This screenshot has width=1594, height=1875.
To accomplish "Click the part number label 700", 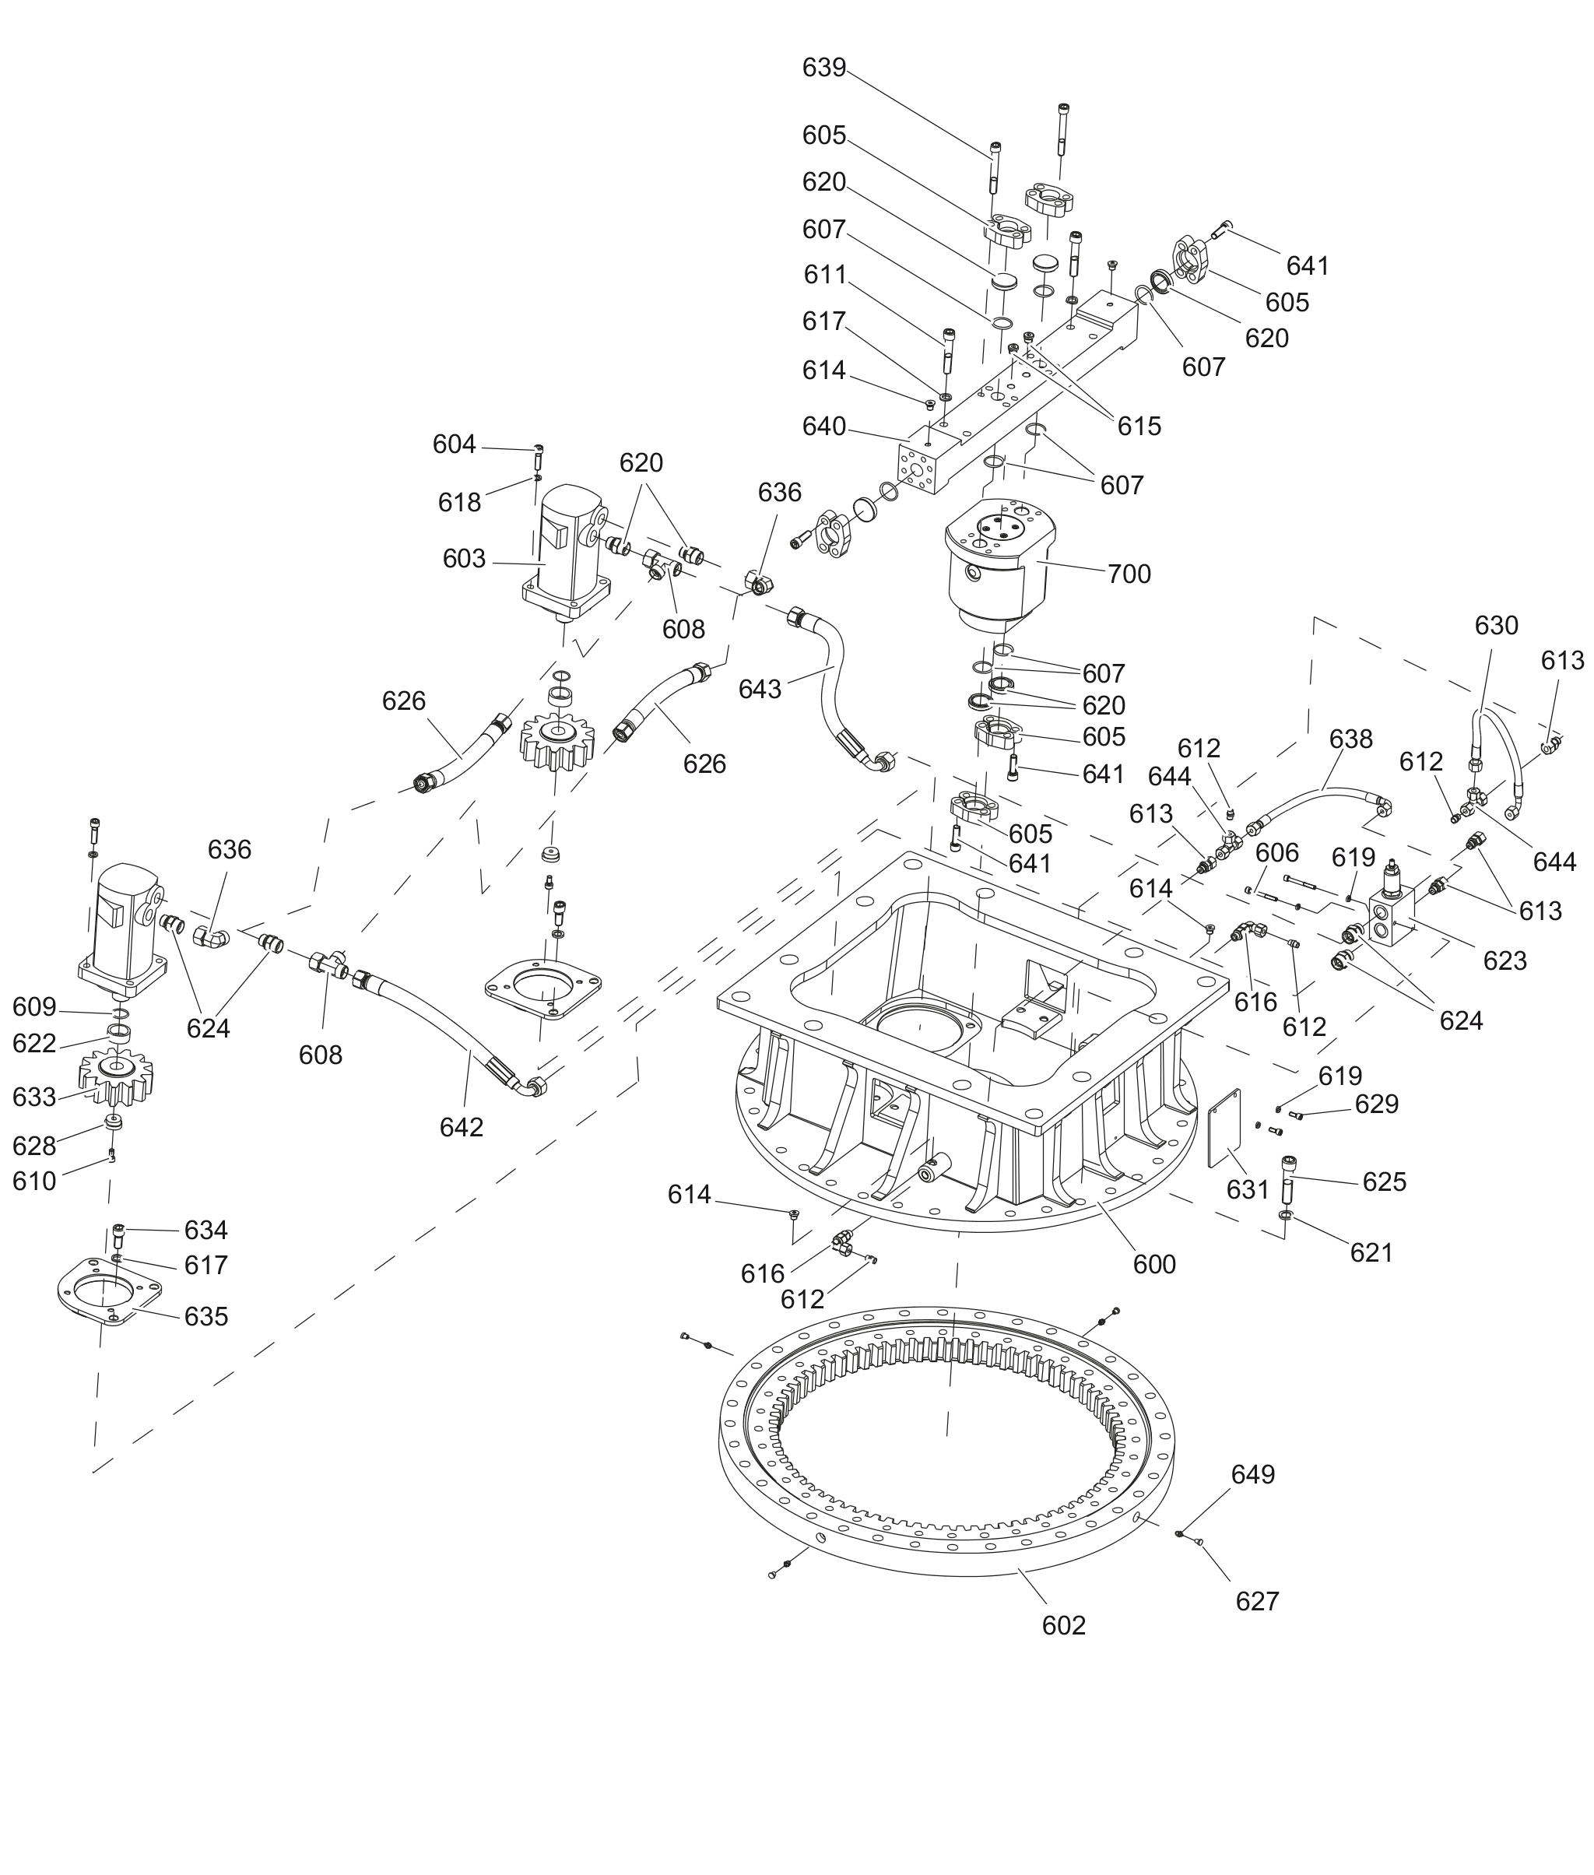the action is [x=1129, y=574].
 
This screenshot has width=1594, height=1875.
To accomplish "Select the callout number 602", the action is [x=1063, y=1626].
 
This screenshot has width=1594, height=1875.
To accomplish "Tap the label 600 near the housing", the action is [x=1154, y=1264].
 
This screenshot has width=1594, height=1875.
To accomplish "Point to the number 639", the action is [x=824, y=68].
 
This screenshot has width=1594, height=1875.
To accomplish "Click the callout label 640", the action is [x=824, y=427].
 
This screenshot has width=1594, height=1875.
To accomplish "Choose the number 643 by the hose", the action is [x=760, y=690].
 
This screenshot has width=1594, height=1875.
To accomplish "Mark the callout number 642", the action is [x=462, y=1127].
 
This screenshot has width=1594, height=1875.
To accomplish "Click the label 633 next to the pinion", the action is [x=34, y=1097].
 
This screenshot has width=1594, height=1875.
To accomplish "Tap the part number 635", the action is [x=206, y=1317].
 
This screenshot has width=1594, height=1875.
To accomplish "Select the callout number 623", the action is [x=1504, y=960].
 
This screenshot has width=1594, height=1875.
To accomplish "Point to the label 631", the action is [x=1248, y=1190].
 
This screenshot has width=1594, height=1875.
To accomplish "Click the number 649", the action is [x=1253, y=1474].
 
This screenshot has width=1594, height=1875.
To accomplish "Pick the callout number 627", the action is [x=1258, y=1601].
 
